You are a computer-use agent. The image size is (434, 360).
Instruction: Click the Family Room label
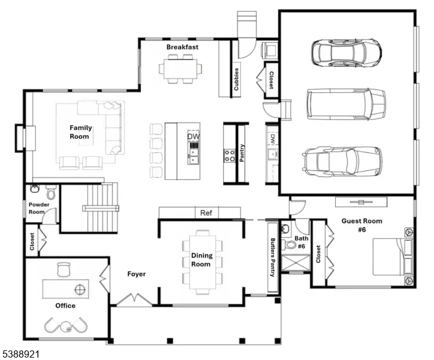(x=80, y=132)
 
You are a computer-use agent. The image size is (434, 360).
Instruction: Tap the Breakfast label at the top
(x=182, y=47)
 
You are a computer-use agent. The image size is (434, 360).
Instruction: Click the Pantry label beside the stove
(x=242, y=152)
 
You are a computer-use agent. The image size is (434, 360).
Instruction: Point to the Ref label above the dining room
(x=206, y=213)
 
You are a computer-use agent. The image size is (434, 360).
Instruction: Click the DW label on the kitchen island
(x=193, y=137)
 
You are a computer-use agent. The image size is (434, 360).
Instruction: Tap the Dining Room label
(x=201, y=260)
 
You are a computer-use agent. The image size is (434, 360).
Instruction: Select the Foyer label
(x=137, y=274)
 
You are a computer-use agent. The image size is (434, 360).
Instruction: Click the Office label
(x=65, y=305)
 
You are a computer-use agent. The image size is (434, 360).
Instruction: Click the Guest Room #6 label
(x=361, y=225)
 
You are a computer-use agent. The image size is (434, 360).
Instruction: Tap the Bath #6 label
(x=301, y=242)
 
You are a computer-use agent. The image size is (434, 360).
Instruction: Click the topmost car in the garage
(x=346, y=53)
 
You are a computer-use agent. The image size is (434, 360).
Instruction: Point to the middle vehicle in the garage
(x=346, y=104)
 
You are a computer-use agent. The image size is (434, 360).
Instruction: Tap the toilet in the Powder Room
(x=51, y=193)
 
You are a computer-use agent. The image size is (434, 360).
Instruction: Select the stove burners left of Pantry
(x=229, y=155)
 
